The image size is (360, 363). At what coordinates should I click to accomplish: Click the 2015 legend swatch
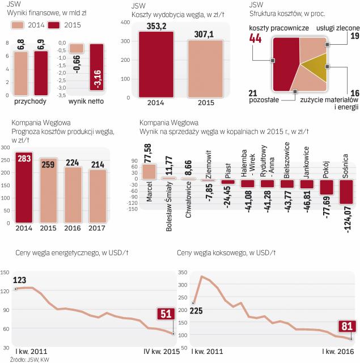[x=54, y=26]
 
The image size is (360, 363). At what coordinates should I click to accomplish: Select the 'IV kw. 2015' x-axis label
[x=160, y=351]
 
